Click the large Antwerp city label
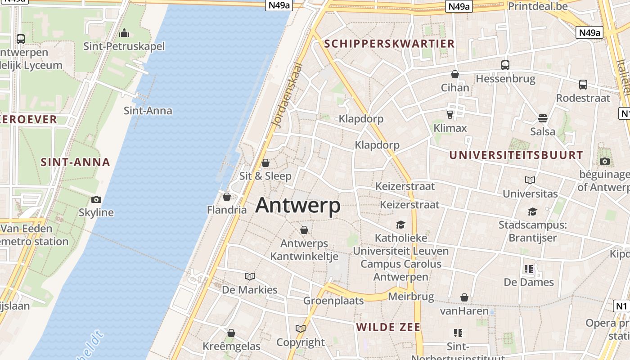point(298,206)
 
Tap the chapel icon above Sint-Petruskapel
point(124,33)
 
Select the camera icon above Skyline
point(96,199)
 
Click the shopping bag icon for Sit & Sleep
point(265,162)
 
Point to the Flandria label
point(227,210)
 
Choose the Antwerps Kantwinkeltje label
point(304,250)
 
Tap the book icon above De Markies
point(250,276)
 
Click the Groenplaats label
point(333,301)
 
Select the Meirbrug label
point(411,297)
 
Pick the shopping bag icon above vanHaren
point(464,297)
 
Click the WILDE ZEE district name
point(388,327)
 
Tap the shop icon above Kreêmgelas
point(231,333)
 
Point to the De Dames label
point(529,282)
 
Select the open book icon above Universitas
point(530,180)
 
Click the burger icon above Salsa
point(543,118)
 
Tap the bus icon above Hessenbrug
point(505,65)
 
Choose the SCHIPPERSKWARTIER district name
point(390,44)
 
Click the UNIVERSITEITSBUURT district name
point(516,155)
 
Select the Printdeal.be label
point(538,6)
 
